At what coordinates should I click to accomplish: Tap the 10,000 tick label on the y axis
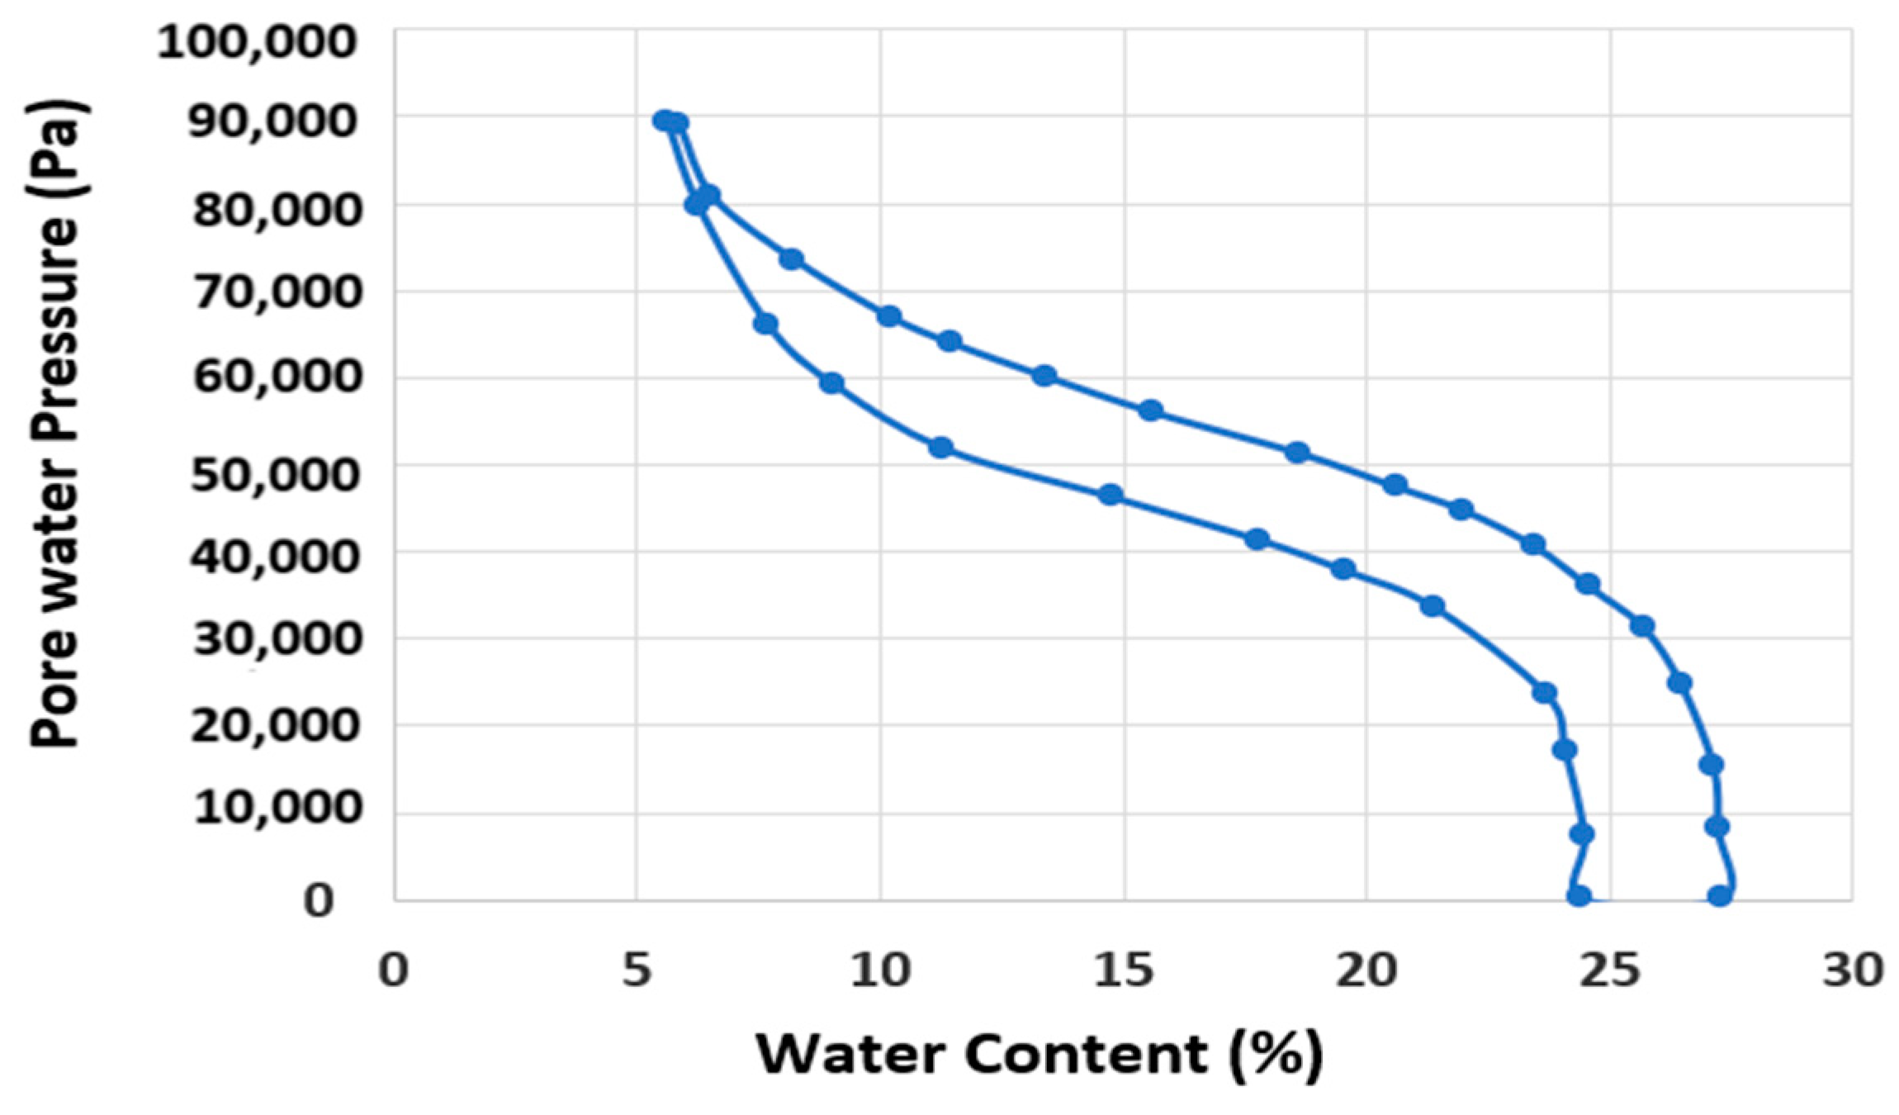tap(278, 807)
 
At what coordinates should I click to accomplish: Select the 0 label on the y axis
tap(319, 900)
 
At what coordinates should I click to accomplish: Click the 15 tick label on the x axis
tap(1124, 970)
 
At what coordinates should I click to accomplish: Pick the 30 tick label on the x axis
tap(1853, 970)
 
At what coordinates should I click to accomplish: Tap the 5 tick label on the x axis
tap(637, 970)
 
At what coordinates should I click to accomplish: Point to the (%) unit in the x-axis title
tap(1276, 1055)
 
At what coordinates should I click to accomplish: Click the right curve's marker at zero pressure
tap(1719, 896)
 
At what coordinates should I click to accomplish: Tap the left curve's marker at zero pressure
tap(1579, 896)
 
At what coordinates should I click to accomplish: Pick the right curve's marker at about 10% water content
tap(888, 316)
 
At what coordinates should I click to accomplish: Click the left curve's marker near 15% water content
tap(1111, 495)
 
